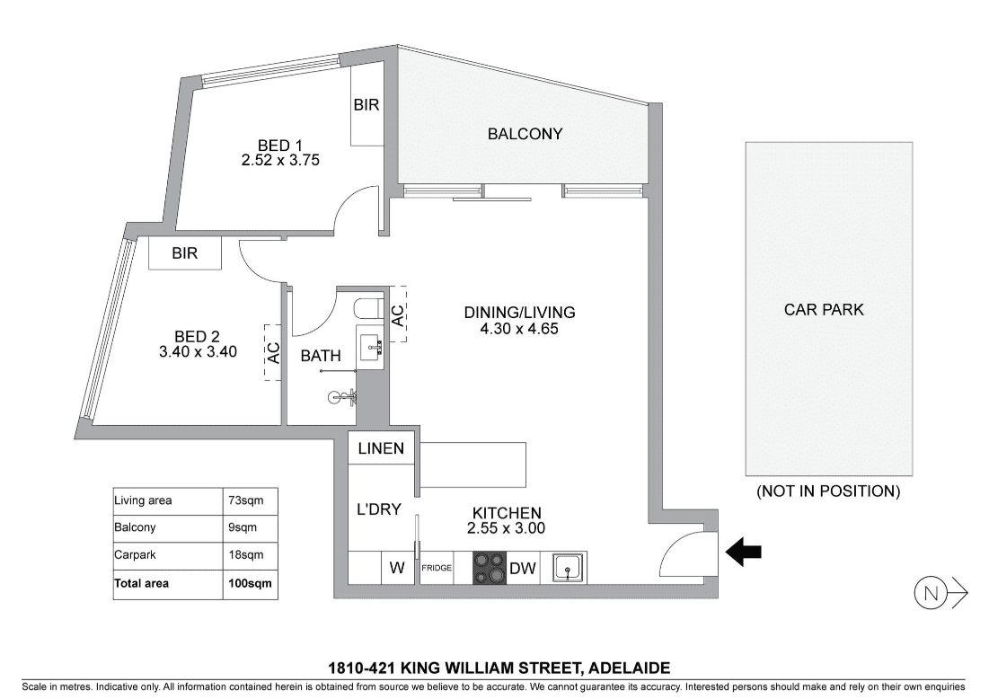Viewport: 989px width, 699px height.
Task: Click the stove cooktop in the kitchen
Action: click(x=490, y=568)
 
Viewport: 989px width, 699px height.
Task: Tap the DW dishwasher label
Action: click(x=522, y=569)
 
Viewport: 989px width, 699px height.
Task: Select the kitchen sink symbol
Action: click(x=569, y=568)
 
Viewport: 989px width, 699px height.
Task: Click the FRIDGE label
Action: click(x=437, y=568)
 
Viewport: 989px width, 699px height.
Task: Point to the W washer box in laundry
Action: click(x=397, y=568)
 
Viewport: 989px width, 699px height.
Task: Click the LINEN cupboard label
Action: click(x=381, y=448)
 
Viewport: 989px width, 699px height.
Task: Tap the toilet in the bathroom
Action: click(x=366, y=309)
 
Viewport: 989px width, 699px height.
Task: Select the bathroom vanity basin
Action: click(x=369, y=344)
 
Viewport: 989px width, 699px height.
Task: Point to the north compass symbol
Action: click(x=940, y=594)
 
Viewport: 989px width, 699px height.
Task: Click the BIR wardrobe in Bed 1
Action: click(x=366, y=105)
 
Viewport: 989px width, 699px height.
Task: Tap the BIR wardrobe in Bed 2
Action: click(x=185, y=253)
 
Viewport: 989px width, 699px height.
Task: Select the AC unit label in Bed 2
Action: click(x=273, y=353)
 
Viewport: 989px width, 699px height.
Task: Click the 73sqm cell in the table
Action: click(x=246, y=501)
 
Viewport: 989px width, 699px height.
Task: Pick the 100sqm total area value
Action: click(x=251, y=584)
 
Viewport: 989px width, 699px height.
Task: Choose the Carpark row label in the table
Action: click(x=135, y=555)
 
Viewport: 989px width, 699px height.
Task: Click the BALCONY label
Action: click(x=525, y=134)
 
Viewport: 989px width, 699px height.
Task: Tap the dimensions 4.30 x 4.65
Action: click(x=519, y=329)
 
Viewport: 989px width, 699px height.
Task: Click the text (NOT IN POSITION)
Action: click(x=828, y=491)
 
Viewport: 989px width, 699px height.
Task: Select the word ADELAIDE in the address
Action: click(x=631, y=668)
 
